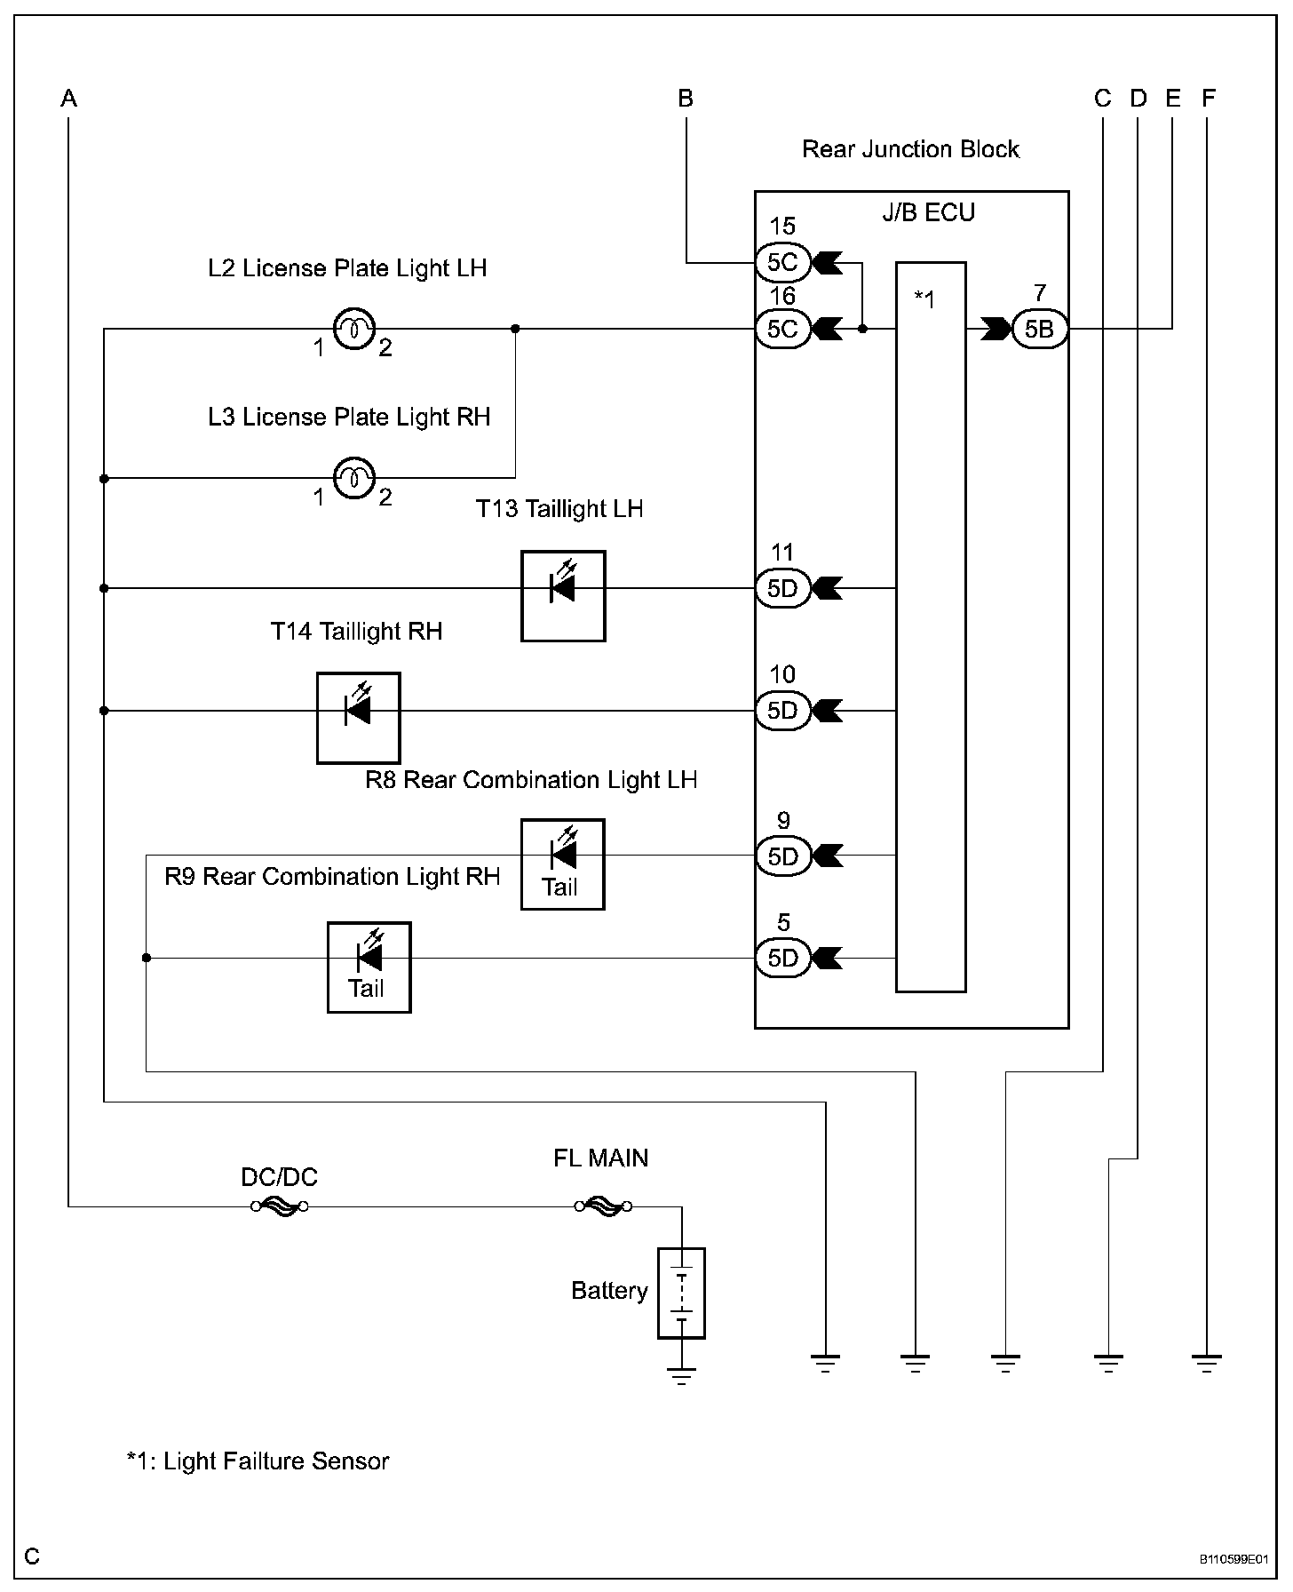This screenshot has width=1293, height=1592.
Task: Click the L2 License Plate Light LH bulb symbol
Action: pos(354,330)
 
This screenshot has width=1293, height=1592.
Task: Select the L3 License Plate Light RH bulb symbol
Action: pos(354,479)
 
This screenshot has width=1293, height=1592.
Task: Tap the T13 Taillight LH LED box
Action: pos(563,596)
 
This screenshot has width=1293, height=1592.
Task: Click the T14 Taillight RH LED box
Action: pos(359,718)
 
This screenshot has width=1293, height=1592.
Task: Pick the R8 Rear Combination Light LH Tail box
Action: pos(562,864)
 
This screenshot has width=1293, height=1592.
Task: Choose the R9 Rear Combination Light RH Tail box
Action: pos(369,967)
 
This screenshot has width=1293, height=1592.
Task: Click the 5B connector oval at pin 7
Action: pos(1039,330)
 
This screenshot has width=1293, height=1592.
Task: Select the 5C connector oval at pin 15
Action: pos(782,262)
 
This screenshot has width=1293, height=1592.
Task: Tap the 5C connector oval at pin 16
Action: pos(782,330)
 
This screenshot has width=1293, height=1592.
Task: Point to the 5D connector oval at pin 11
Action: pos(782,588)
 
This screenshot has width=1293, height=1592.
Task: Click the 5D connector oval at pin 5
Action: pos(782,958)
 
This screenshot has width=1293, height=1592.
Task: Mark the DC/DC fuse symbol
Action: pos(279,1206)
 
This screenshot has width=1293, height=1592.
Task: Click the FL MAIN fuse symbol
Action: pos(603,1206)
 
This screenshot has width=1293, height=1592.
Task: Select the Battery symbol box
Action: pos(681,1293)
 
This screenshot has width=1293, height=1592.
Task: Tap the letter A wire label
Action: pos(68,98)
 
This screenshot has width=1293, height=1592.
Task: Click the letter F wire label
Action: pos(1208,98)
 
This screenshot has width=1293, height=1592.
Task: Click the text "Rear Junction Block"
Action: pos(910,149)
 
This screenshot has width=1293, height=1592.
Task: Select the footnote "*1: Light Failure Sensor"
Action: pos(258,1461)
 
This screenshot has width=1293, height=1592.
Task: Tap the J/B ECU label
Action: pos(928,212)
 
